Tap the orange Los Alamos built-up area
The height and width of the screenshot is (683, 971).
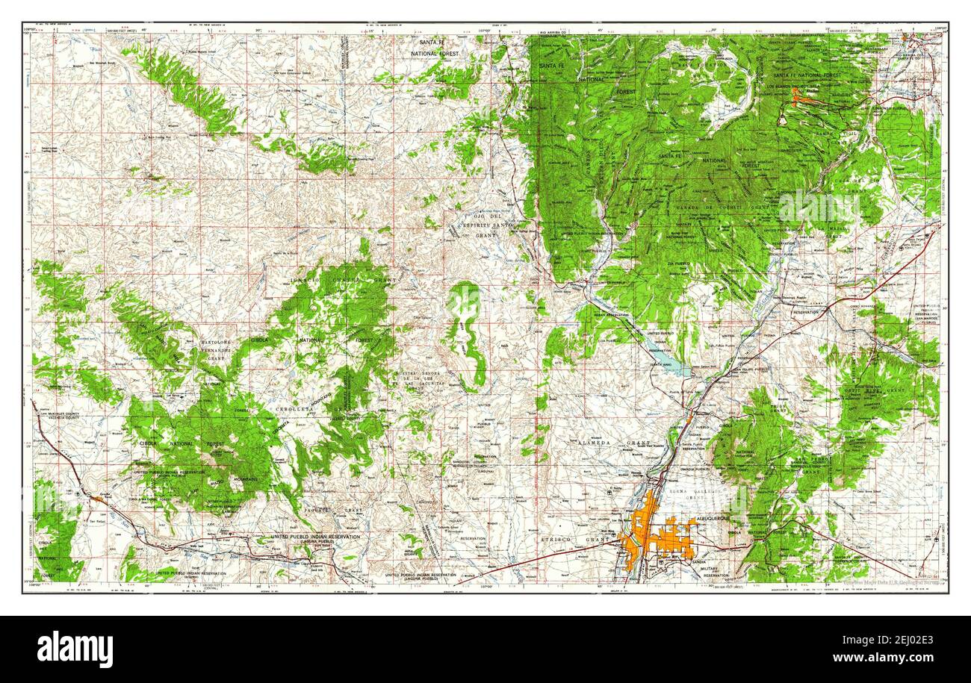[803, 97]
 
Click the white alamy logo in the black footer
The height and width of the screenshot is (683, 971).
[75, 649]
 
